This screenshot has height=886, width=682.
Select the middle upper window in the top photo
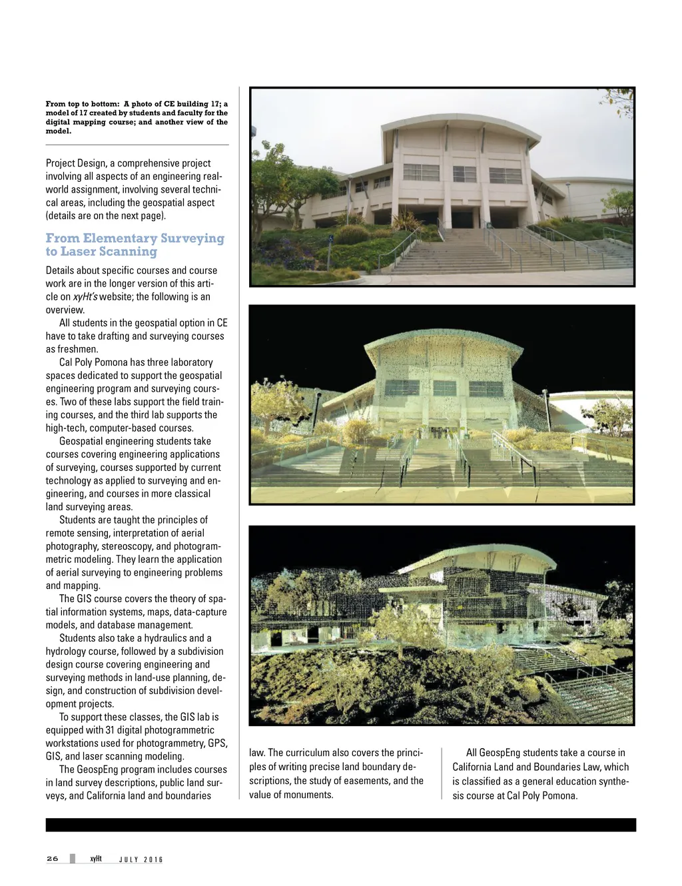pyautogui.click(x=464, y=174)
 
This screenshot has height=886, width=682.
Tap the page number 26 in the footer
pyautogui.click(x=53, y=858)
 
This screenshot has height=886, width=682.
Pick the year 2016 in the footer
pyautogui.click(x=154, y=859)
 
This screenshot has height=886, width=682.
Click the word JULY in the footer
pyautogui.click(x=128, y=859)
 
